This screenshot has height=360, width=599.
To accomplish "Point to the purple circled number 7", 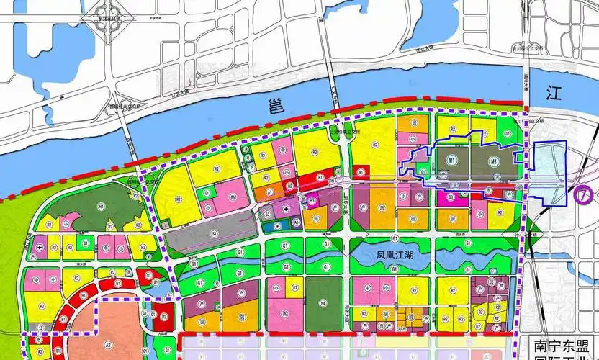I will tap(585, 194).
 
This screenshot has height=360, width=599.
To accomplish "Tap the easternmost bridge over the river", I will tap(526, 79).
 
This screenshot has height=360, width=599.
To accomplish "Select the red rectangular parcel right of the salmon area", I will tap(164, 315).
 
